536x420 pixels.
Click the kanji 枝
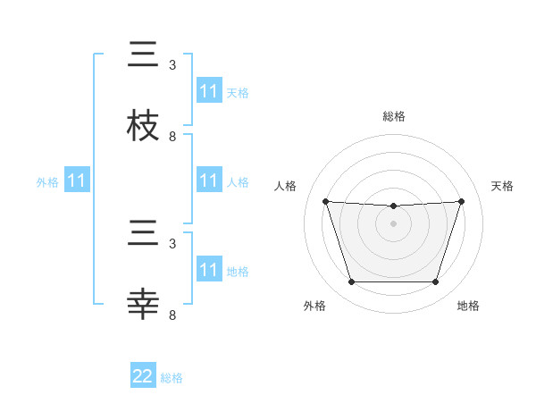[x=144, y=125]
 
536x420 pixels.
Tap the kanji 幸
[x=144, y=304]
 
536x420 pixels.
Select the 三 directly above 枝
[x=144, y=55]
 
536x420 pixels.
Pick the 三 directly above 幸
[x=144, y=234]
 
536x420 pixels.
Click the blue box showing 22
[x=143, y=376]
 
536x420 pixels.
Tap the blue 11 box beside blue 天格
[x=208, y=91]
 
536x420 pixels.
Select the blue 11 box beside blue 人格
[x=208, y=181]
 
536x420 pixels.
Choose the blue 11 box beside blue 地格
[x=208, y=270]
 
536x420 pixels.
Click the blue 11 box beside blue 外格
[x=77, y=181]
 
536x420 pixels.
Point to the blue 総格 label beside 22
[x=172, y=378]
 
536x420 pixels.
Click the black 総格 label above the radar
[x=394, y=116]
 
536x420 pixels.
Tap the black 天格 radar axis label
[x=503, y=186]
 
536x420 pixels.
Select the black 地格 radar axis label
[x=468, y=306]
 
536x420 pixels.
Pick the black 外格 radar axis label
[x=314, y=306]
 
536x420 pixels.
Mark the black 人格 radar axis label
[x=286, y=186]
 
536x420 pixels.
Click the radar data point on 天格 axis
[x=462, y=201]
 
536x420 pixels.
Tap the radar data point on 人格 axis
[x=326, y=201]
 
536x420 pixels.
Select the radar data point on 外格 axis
[x=351, y=282]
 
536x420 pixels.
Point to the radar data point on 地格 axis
[x=436, y=282]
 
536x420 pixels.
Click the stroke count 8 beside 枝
[x=172, y=137]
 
